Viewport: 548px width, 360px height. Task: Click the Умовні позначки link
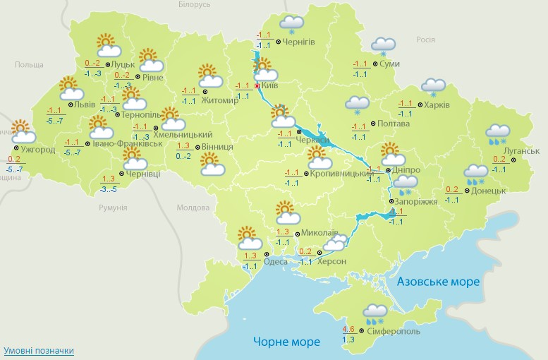[39, 351]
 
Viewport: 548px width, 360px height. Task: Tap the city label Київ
[270, 85]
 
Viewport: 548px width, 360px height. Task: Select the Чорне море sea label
[287, 342]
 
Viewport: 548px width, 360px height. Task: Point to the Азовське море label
[438, 282]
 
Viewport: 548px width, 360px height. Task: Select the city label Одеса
[275, 261]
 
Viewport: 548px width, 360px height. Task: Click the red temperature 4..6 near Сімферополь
[348, 329]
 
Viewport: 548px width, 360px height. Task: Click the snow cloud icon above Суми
[384, 47]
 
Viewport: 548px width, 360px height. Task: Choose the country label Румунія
[113, 208]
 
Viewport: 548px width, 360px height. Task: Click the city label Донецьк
[489, 191]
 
